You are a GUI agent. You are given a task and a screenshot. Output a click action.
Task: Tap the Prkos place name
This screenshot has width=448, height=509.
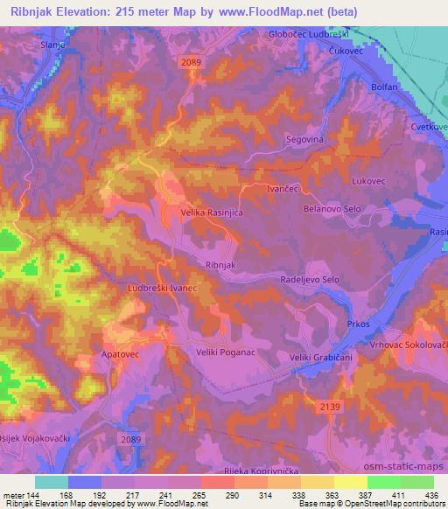359,324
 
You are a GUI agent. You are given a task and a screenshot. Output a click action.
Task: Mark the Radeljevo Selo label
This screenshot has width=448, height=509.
309,279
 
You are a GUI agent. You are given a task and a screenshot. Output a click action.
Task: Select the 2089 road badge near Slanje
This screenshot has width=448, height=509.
192,61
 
